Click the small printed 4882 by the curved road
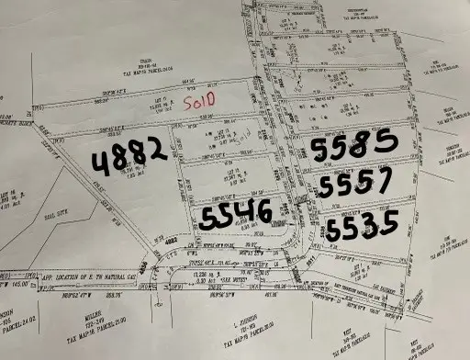pyautogui.click(x=172, y=244)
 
